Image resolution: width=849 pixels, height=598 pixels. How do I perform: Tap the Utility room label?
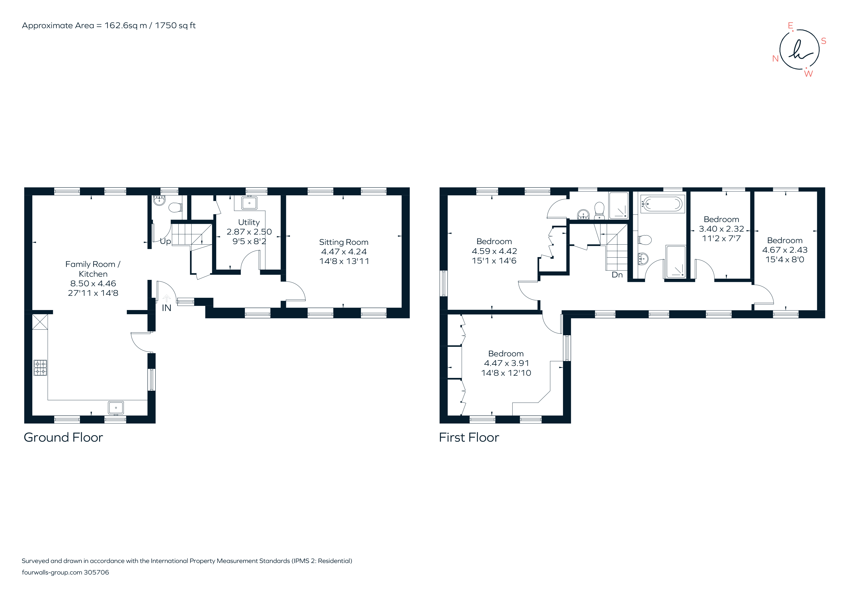(249, 222)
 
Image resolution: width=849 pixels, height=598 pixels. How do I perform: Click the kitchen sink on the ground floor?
(116, 407)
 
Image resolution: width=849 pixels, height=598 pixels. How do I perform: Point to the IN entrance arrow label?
(167, 308)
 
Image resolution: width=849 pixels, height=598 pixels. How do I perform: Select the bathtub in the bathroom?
(662, 204)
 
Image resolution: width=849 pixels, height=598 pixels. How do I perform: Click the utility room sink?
(249, 203)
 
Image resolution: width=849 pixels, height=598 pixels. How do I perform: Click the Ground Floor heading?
(63, 437)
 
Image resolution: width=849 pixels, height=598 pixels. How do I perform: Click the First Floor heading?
(469, 437)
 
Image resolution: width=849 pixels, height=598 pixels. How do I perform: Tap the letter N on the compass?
(776, 59)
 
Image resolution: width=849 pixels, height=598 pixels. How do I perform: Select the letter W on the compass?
(808, 74)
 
